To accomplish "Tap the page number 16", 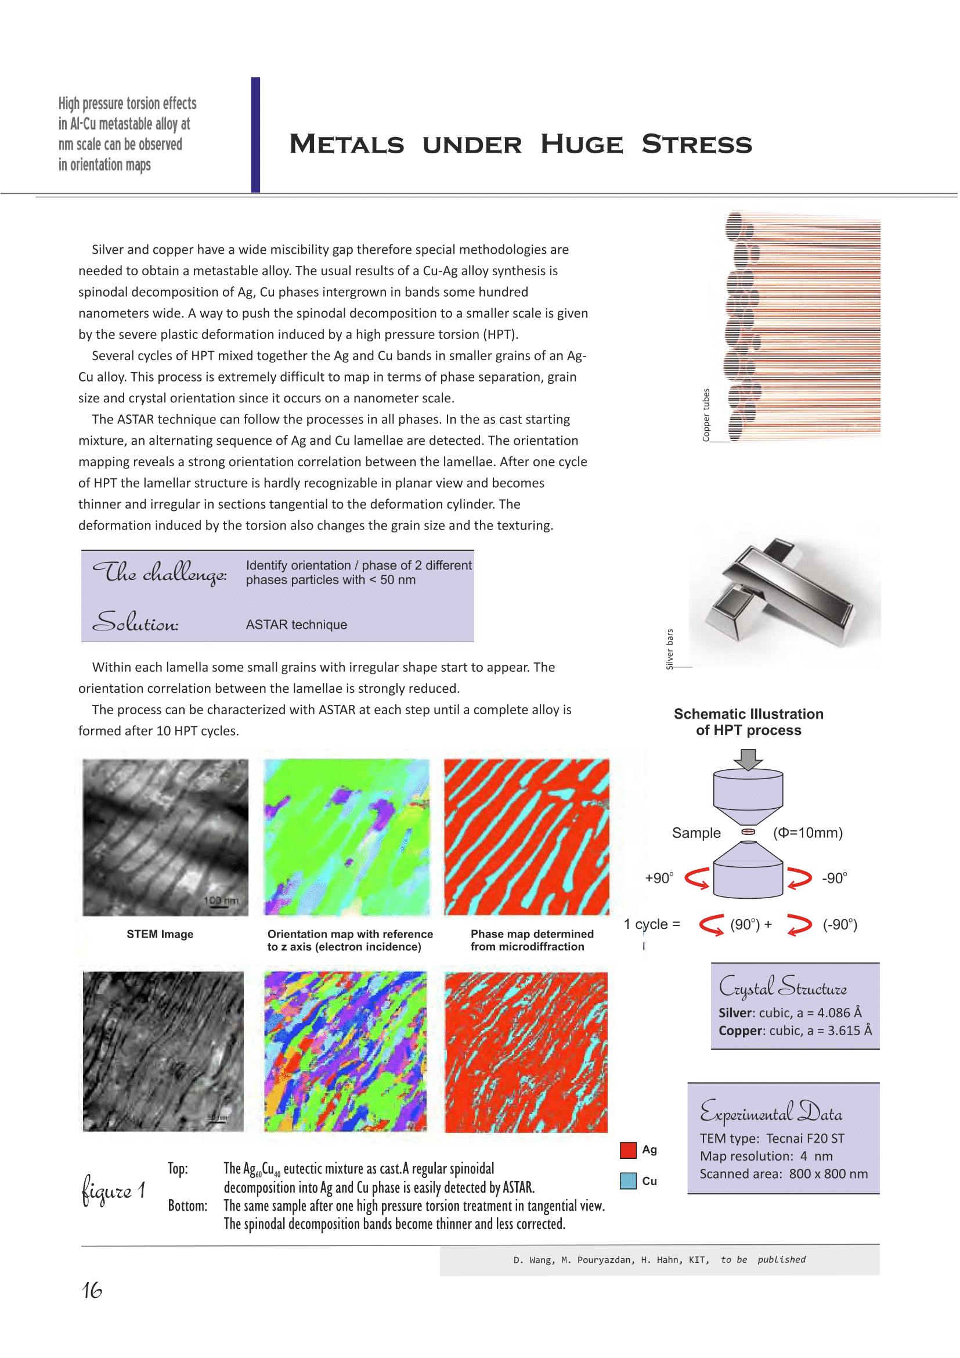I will pos(92,1290).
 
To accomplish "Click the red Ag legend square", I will pos(628,1150).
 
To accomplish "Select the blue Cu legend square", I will pos(628,1180).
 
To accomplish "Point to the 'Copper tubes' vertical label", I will pos(706,415).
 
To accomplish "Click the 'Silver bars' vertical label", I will pos(670,649).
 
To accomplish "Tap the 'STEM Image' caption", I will pos(160,934).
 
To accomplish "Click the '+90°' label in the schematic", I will pos(659,878).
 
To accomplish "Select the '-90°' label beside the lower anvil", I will pos(834,878).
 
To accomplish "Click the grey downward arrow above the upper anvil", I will pos(748,759).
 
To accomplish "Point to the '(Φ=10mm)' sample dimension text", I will pos(807,833).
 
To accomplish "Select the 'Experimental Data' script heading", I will pos(771,1112).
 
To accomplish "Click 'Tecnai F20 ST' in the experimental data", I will pos(805,1139).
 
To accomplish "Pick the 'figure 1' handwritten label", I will pos(113,1190).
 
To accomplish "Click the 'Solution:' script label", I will pos(135,622).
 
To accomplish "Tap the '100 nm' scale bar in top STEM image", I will pos(221,901).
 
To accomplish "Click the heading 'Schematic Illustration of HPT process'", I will pos(748,722).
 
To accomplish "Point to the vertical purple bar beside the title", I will pos(255,135).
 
